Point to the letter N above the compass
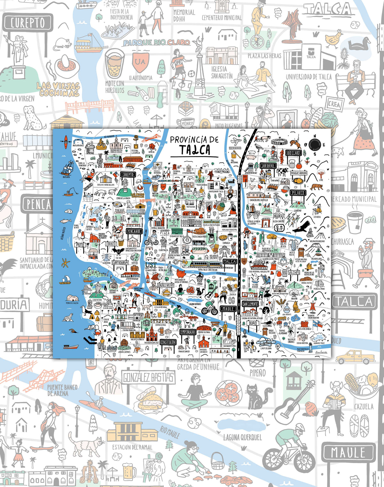click(x=315, y=135)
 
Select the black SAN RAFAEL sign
click(x=268, y=166)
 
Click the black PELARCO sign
click(x=298, y=193)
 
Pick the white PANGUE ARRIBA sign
click(x=299, y=173)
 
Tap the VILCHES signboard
click(x=294, y=273)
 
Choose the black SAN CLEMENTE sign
click(x=250, y=304)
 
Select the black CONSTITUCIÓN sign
click(x=168, y=342)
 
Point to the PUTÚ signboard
click(x=80, y=245)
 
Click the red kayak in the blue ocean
click(x=66, y=140)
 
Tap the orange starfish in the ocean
click(x=66, y=263)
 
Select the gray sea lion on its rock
click(x=68, y=317)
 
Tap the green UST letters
click(x=151, y=265)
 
